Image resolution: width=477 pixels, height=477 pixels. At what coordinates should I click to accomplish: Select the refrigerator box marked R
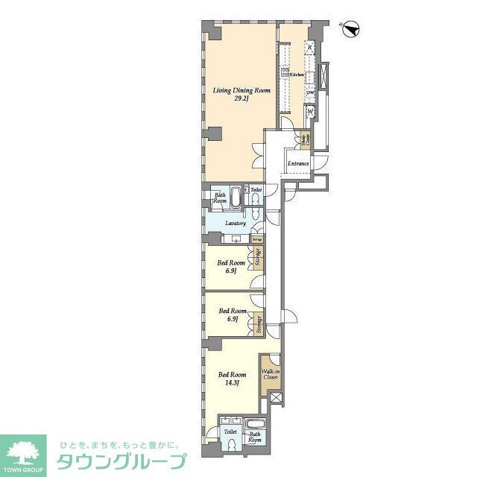tap(309, 47)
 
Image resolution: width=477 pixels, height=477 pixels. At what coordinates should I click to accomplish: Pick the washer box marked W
tap(309, 113)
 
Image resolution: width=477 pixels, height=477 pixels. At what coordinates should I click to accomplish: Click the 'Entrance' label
tap(298, 163)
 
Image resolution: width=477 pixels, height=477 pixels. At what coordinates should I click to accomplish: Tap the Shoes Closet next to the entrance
tap(305, 139)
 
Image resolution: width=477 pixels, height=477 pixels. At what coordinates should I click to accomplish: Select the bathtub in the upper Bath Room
tap(236, 198)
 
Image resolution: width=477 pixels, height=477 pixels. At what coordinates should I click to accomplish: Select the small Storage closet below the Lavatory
tap(256, 239)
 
